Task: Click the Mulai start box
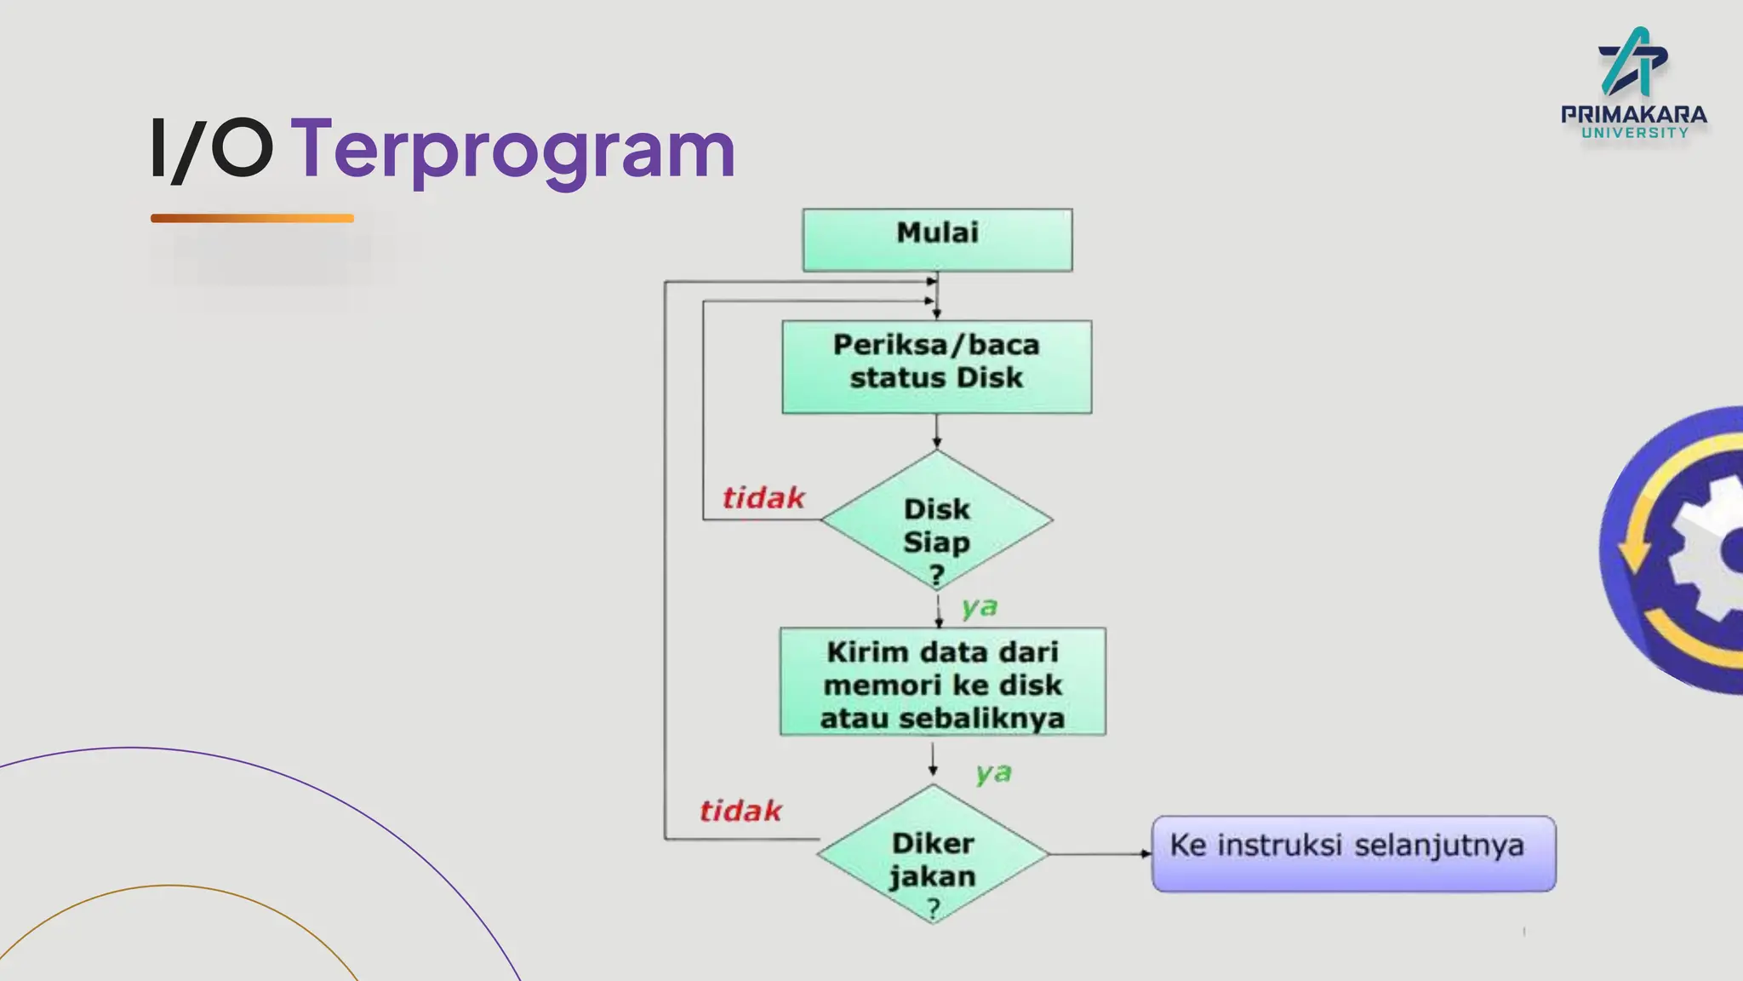coord(937,239)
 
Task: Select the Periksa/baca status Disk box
coord(936,366)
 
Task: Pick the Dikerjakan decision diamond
coord(933,856)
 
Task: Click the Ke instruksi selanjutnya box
coord(1353,853)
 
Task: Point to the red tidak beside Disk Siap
coord(763,498)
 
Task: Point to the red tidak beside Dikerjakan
coord(740,811)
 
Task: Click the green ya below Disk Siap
coord(979,607)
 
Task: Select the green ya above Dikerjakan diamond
coord(993,773)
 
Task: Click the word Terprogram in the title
coord(513,150)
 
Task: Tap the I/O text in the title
coord(212,150)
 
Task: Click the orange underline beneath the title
coord(252,218)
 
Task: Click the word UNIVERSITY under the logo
coord(1634,133)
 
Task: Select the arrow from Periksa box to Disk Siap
coord(936,433)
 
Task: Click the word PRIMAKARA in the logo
coord(1633,114)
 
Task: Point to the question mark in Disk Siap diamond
coord(936,575)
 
